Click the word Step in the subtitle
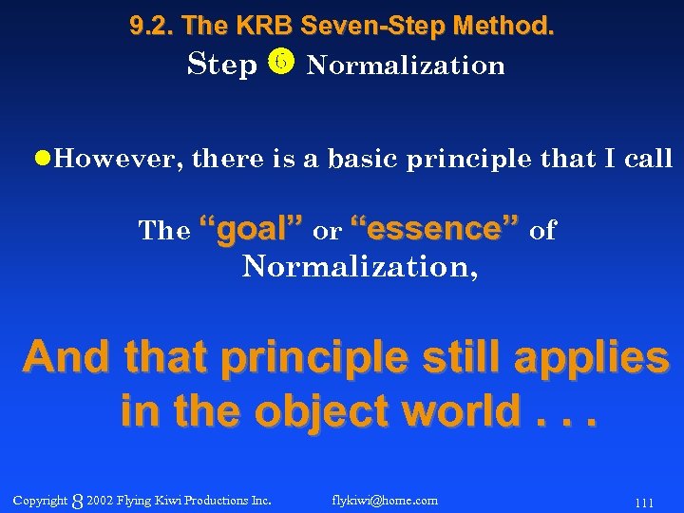point(222,65)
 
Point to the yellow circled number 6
point(281,64)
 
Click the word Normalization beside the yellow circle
point(406,66)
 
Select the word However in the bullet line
point(114,159)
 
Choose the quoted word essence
point(435,229)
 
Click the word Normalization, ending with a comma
point(360,267)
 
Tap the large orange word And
point(67,358)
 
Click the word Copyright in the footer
point(40,500)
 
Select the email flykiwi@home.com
point(385,500)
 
